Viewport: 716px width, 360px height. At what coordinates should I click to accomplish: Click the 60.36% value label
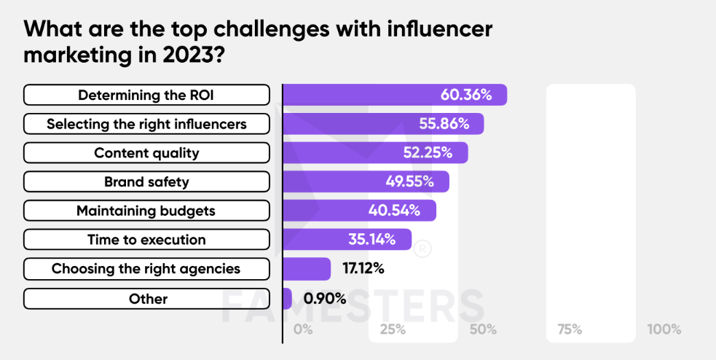click(465, 95)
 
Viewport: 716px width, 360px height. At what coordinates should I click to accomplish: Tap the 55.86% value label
click(444, 124)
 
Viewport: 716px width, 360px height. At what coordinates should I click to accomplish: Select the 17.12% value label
click(363, 269)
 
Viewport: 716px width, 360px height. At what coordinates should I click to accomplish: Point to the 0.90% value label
click(325, 299)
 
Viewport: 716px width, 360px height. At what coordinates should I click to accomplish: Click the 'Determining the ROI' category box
click(146, 95)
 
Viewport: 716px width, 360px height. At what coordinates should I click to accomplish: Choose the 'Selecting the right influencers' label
click(146, 124)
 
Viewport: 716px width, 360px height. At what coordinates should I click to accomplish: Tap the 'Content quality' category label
click(146, 152)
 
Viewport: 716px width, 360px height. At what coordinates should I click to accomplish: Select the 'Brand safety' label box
click(146, 181)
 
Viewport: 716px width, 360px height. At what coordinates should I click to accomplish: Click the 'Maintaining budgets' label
click(146, 211)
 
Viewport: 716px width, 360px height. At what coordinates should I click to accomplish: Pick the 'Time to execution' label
click(146, 239)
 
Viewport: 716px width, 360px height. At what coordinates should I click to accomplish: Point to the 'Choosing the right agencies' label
click(146, 269)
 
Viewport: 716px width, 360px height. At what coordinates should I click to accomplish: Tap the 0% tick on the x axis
click(303, 329)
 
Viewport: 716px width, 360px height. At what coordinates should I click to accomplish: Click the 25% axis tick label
click(393, 329)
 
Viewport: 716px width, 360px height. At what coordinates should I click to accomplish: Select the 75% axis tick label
click(570, 329)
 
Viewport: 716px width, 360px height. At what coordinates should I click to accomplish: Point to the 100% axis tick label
click(664, 329)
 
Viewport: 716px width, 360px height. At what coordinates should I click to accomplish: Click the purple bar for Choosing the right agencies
click(307, 269)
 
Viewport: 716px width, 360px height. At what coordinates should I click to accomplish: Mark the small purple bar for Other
click(287, 299)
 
